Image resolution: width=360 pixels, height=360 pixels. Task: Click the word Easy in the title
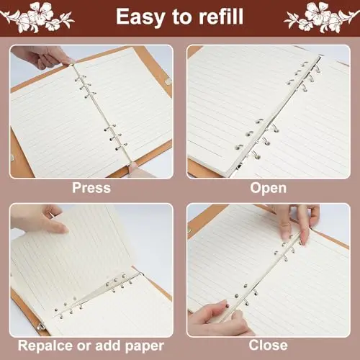pyautogui.click(x=140, y=17)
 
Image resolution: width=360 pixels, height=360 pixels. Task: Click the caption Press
pyautogui.click(x=91, y=188)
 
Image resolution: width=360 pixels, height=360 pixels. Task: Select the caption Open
pyautogui.click(x=269, y=189)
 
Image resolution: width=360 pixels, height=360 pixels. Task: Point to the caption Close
pyautogui.click(x=269, y=346)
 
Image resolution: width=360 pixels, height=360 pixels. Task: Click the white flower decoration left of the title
pyautogui.click(x=37, y=17)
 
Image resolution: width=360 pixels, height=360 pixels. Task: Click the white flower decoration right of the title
pyautogui.click(x=322, y=17)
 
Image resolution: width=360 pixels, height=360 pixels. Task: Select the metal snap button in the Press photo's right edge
pyautogui.click(x=168, y=81)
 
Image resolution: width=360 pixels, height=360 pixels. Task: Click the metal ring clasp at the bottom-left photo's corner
pyautogui.click(x=41, y=326)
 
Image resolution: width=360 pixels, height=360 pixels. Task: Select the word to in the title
pyautogui.click(x=182, y=17)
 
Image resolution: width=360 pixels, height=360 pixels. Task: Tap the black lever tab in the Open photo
pyautogui.click(x=239, y=166)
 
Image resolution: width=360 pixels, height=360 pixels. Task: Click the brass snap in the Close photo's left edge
pyautogui.click(x=189, y=230)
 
